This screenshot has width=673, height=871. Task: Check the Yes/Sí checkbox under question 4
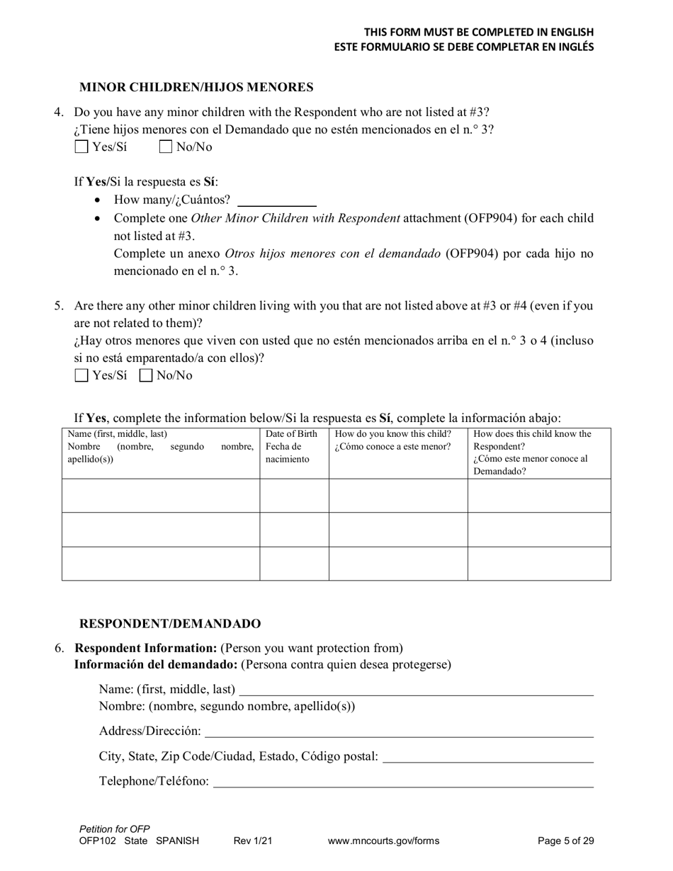point(81,147)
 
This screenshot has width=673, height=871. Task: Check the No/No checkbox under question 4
point(166,147)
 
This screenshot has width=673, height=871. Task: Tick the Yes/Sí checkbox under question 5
point(81,376)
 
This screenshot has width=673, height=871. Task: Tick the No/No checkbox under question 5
point(146,376)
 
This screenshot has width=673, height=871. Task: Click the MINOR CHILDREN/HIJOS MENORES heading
point(196,88)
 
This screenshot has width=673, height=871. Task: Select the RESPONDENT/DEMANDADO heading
point(170,624)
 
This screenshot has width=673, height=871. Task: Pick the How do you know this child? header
point(392,434)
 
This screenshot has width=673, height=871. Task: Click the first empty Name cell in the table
point(161,496)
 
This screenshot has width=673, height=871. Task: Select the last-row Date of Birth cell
point(294,564)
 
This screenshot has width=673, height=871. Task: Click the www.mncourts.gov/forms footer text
point(383,841)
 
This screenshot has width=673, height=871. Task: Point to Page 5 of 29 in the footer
point(565,841)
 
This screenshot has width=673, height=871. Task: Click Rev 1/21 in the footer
point(253,841)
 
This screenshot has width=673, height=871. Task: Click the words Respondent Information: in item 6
point(146,648)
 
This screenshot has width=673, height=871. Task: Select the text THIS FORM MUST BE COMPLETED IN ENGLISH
point(479,33)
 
